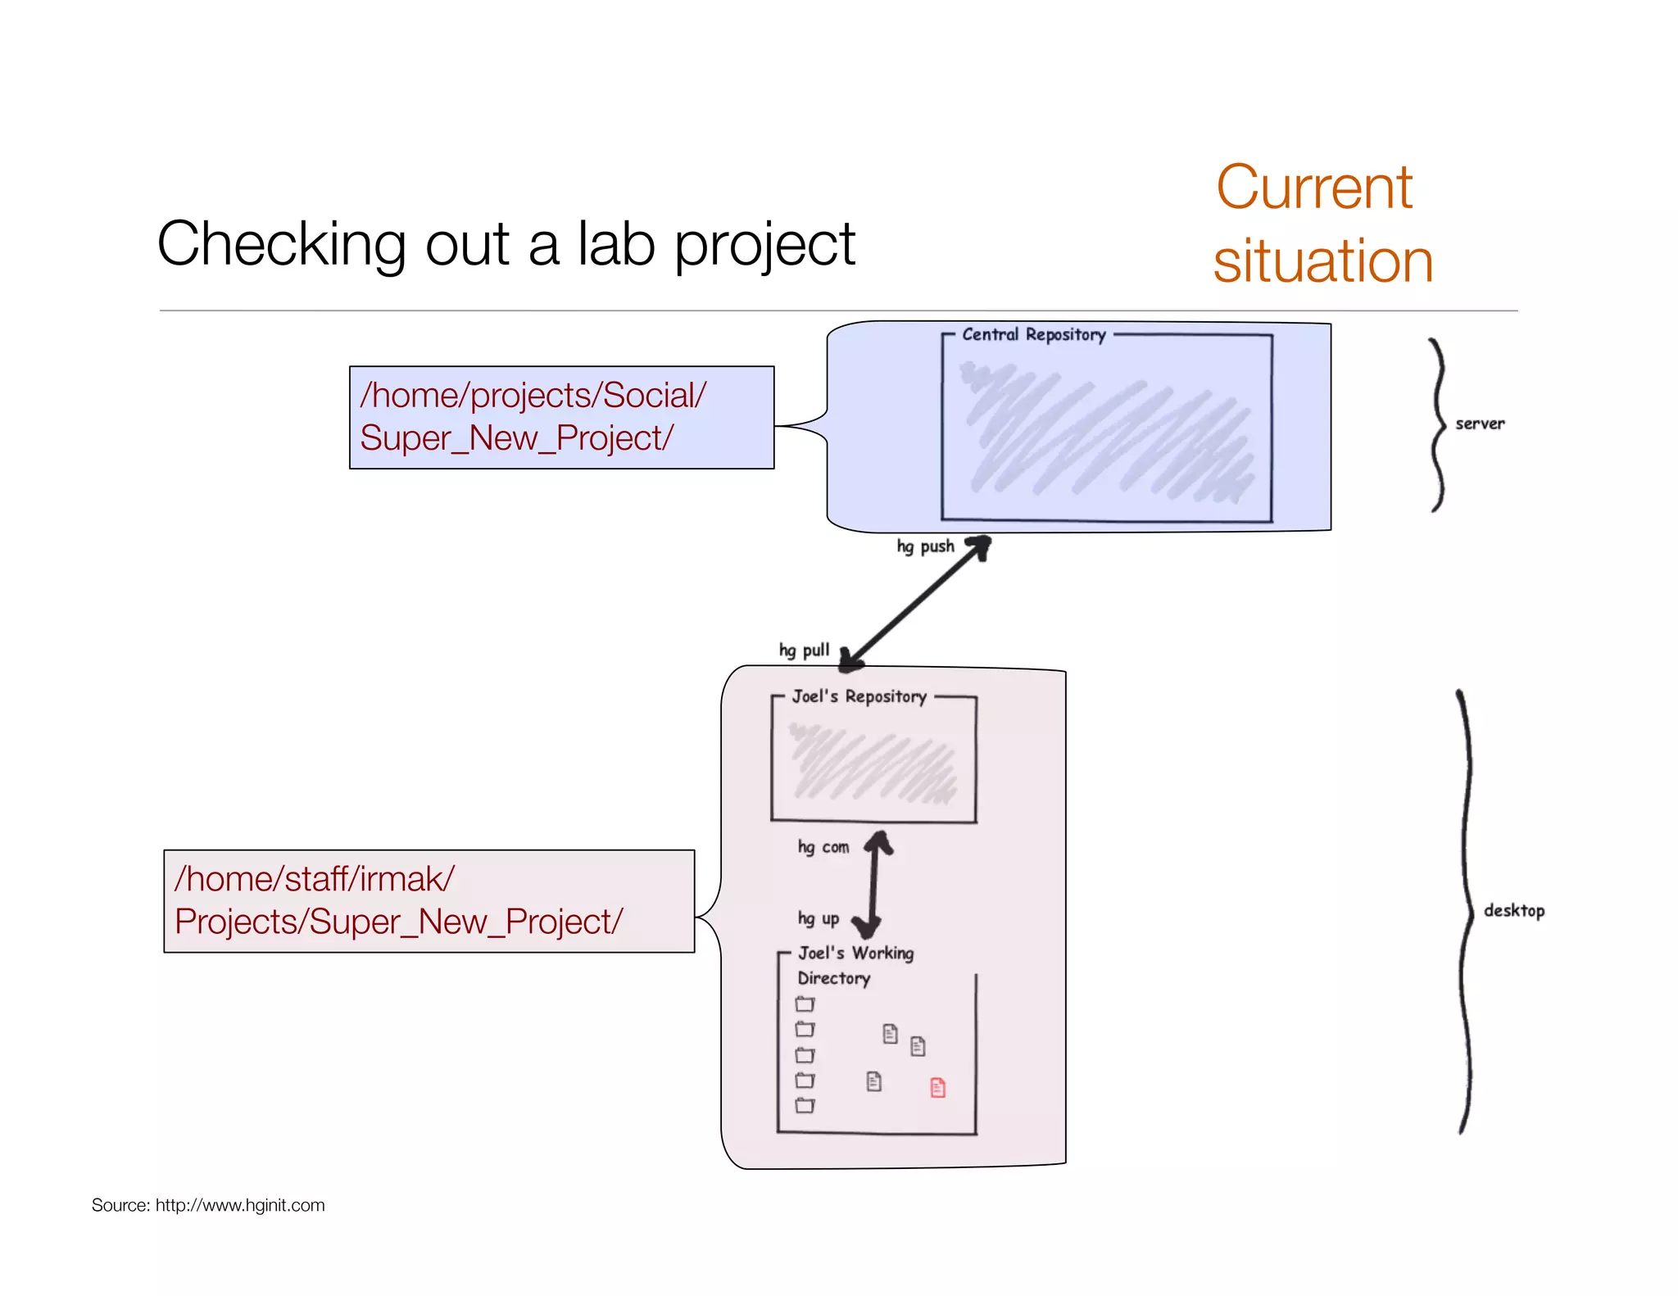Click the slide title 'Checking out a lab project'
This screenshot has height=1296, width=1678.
[x=506, y=244]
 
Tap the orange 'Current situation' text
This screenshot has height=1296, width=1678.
[x=1322, y=224]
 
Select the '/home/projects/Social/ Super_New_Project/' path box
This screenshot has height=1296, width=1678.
[x=561, y=417]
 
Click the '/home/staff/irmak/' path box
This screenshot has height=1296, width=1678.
[x=429, y=900]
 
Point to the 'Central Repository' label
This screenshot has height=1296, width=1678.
[x=1033, y=334]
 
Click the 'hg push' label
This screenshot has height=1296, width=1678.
[x=925, y=546]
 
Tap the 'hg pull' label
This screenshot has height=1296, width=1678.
[x=804, y=650]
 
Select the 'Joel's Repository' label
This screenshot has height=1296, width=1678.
[x=859, y=696]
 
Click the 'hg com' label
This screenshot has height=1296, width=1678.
[x=823, y=847]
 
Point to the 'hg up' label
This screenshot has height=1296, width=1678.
[x=818, y=919]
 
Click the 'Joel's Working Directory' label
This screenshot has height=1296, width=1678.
[x=854, y=965]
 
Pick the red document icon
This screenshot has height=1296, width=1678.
[x=938, y=1087]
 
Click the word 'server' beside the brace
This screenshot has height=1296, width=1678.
[x=1480, y=424]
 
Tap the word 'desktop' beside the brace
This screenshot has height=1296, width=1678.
[x=1513, y=911]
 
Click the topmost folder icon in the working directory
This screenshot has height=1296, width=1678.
[x=805, y=1004]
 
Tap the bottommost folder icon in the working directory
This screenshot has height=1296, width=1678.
[x=805, y=1105]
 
